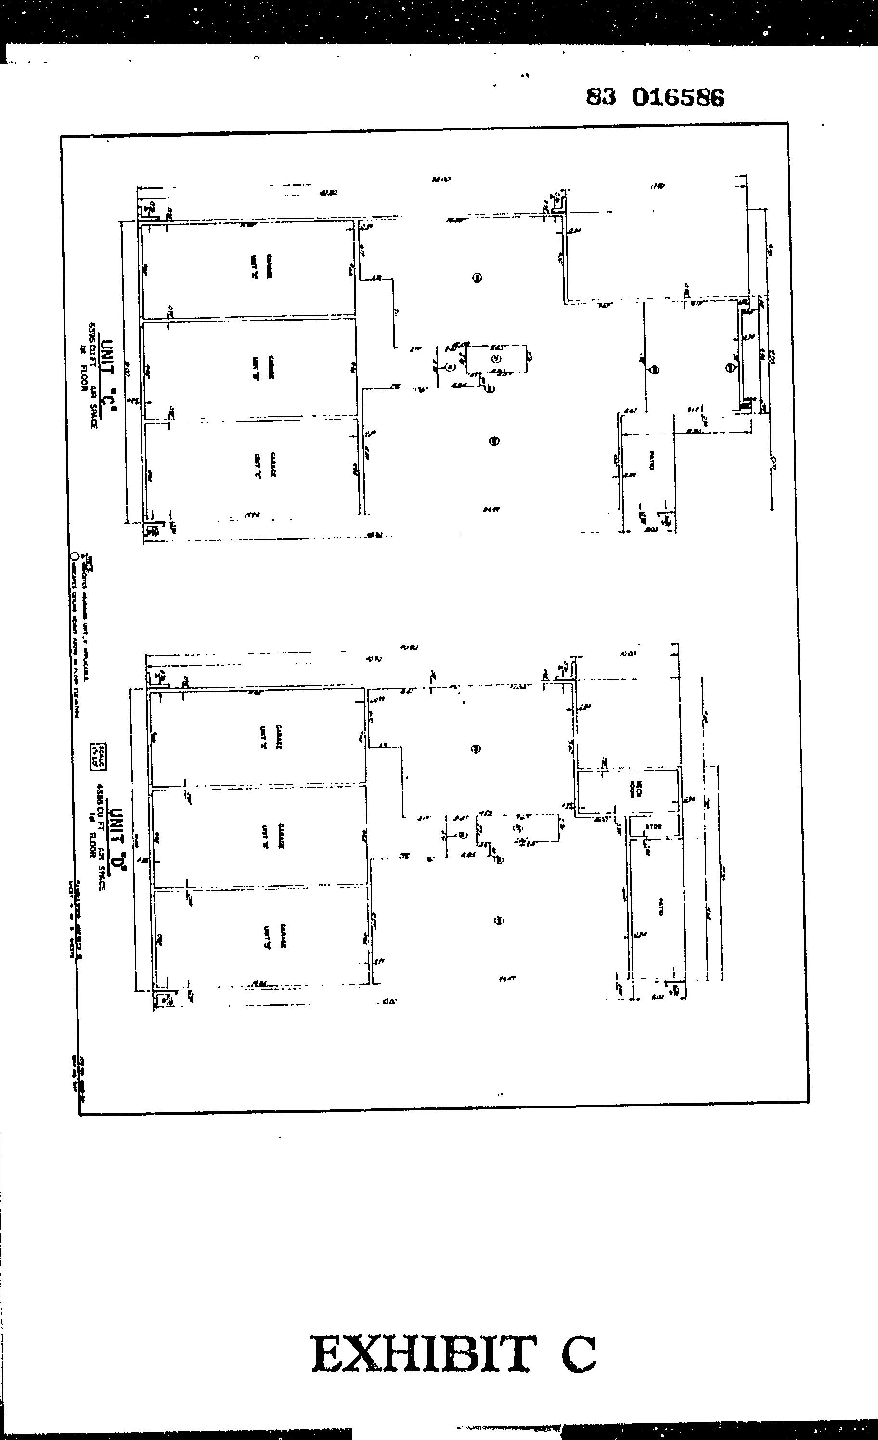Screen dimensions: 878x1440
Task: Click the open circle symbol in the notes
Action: (74, 556)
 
